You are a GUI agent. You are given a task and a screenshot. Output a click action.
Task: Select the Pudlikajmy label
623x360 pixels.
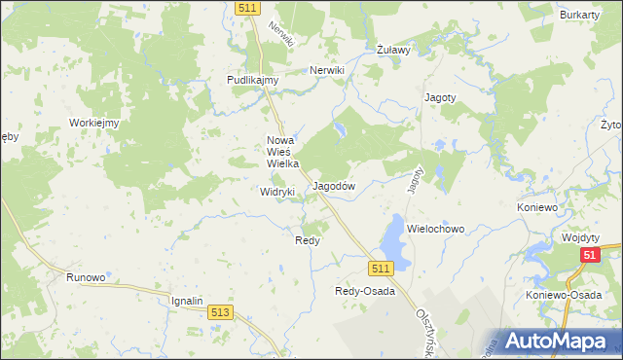[253, 81]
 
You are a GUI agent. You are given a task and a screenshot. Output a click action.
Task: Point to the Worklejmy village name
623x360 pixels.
[93, 123]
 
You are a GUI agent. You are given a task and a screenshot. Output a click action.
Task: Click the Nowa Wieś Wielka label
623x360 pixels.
[281, 152]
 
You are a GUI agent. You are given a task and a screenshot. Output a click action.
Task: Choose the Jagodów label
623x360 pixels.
[334, 186]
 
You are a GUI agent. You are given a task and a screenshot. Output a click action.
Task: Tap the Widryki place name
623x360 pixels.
[277, 193]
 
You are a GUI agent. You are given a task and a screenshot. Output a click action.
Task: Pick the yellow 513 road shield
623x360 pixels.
[220, 312]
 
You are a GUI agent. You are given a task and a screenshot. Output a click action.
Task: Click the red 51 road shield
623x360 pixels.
[589, 255]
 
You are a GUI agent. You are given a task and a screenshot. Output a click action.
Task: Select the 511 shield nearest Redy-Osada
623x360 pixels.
[381, 268]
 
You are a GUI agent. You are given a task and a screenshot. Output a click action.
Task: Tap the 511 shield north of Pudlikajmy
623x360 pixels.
[247, 8]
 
